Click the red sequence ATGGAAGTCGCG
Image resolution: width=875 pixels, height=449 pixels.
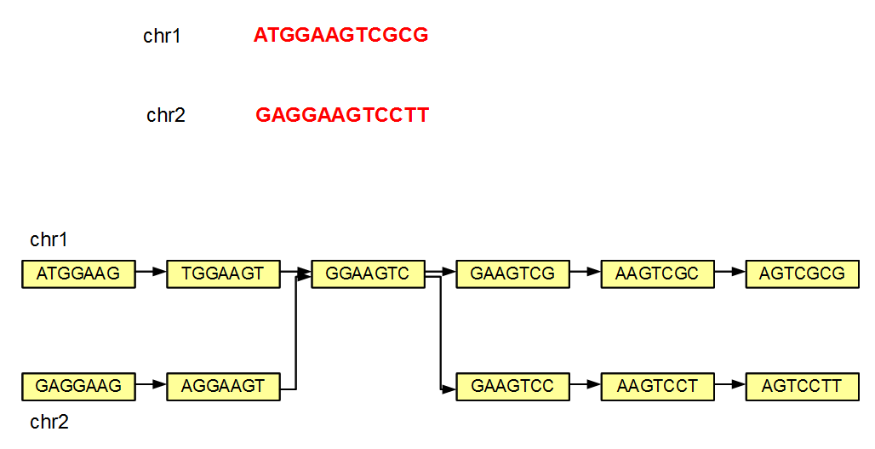[x=340, y=35]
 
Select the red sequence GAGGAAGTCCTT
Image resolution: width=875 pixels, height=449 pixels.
[x=342, y=115]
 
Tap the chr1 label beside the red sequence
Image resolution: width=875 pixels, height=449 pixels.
[x=162, y=36]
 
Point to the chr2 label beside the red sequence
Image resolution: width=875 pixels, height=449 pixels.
[x=165, y=115]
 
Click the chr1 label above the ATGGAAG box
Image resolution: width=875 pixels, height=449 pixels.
[x=49, y=239]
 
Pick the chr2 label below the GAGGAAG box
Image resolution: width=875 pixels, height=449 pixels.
[x=49, y=422]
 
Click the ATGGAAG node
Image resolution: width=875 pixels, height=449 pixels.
[x=78, y=273]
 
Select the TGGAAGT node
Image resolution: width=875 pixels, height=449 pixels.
[x=223, y=273]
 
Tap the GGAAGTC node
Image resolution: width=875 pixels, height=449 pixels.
[x=368, y=273]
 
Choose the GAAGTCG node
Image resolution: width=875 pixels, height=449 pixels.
[x=512, y=273]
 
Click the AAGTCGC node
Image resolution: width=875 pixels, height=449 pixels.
[x=657, y=273]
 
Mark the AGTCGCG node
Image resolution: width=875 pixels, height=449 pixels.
[x=802, y=273]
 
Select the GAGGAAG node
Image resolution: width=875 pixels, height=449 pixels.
[x=78, y=386]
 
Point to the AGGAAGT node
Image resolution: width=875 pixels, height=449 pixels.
[x=223, y=386]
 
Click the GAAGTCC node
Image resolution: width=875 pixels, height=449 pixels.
[x=512, y=386]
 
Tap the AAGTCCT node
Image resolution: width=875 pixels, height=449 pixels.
[x=657, y=386]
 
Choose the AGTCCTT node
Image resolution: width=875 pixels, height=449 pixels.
[x=802, y=386]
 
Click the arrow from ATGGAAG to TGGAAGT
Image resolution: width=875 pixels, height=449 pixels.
[x=151, y=273]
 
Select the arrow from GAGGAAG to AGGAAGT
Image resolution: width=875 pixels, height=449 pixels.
[x=151, y=385]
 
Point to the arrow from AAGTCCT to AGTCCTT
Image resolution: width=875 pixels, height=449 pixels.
[x=729, y=385]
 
